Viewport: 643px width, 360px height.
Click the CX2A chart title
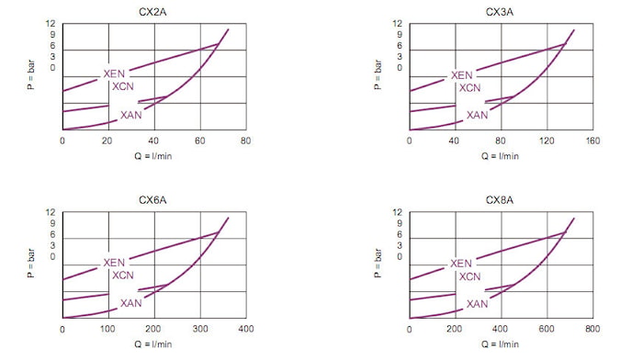pyautogui.click(x=152, y=12)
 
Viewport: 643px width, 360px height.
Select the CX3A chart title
pyautogui.click(x=500, y=12)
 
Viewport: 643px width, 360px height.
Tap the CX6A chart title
pyautogui.click(x=152, y=200)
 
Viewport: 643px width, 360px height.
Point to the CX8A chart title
pyautogui.click(x=500, y=200)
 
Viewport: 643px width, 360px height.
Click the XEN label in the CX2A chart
pyautogui.click(x=114, y=73)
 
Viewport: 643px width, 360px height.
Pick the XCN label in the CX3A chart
pyautogui.click(x=469, y=88)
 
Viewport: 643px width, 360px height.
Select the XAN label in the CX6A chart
pyautogui.click(x=130, y=303)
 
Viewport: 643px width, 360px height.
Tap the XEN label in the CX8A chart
pyautogui.click(x=461, y=264)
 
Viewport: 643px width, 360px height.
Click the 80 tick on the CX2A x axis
pyautogui.click(x=245, y=141)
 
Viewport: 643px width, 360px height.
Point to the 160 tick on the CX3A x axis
pyautogui.click(x=593, y=141)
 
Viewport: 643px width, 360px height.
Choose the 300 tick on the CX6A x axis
pyautogui.click(x=200, y=329)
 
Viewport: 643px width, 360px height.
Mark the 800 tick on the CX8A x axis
pyautogui.click(x=593, y=329)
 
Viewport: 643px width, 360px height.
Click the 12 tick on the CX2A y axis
pyautogui.click(x=50, y=24)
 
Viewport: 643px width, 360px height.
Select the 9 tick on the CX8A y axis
pyautogui.click(x=400, y=223)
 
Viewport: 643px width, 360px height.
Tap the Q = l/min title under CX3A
pyautogui.click(x=500, y=156)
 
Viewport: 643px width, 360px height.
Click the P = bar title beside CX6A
pyautogui.click(x=30, y=264)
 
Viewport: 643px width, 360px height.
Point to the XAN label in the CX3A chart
pyautogui.click(x=478, y=115)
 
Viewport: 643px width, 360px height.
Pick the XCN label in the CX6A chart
pyautogui.click(x=123, y=276)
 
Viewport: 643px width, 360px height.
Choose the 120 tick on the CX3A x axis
pyautogui.click(x=547, y=141)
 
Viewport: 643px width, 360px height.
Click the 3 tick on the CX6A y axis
pyautogui.click(x=52, y=245)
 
